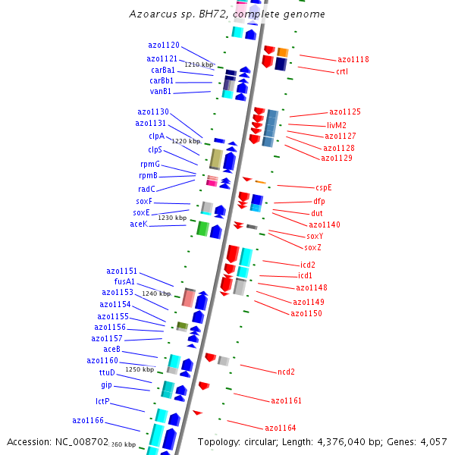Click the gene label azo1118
pyautogui.click(x=353, y=59)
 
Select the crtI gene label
pyautogui.click(x=341, y=72)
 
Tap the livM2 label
pyautogui.click(x=337, y=125)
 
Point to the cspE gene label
pyautogui.click(x=324, y=187)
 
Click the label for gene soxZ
pyautogui.click(x=312, y=248)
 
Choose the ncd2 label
pyautogui.click(x=286, y=372)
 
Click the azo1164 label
pyautogui.click(x=280, y=428)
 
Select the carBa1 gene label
pyautogui.click(x=163, y=70)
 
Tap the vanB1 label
pyautogui.click(x=161, y=92)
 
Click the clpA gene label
pyautogui.click(x=156, y=136)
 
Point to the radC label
pyautogui.click(x=146, y=189)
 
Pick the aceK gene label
pyautogui.click(x=139, y=224)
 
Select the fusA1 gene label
pyautogui.click(x=124, y=281)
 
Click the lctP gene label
pyautogui.click(x=102, y=401)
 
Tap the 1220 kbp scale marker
pyautogui.click(x=186, y=141)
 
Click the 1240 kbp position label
pyautogui.click(x=156, y=293)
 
